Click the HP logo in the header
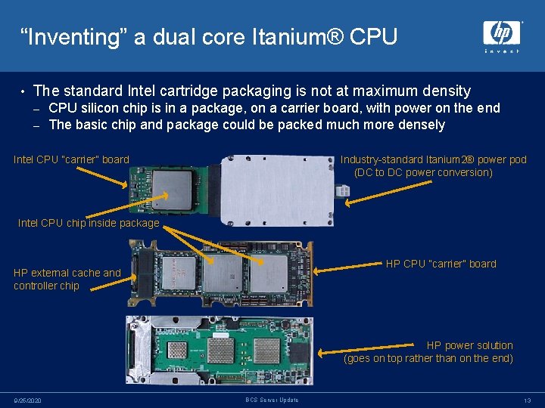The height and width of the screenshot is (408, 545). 502,33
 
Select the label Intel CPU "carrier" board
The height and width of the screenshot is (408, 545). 71,159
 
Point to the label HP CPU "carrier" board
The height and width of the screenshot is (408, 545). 441,264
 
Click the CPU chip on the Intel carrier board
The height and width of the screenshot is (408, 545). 171,183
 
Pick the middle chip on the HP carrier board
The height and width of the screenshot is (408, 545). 223,272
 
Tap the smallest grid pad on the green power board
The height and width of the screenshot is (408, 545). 176,350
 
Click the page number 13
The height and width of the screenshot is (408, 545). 526,400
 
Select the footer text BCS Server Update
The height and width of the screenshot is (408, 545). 272,400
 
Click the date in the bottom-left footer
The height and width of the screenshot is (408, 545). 29,400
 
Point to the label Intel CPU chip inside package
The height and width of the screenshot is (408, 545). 88,223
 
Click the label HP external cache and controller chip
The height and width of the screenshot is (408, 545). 67,279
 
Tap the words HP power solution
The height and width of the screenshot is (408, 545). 469,345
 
